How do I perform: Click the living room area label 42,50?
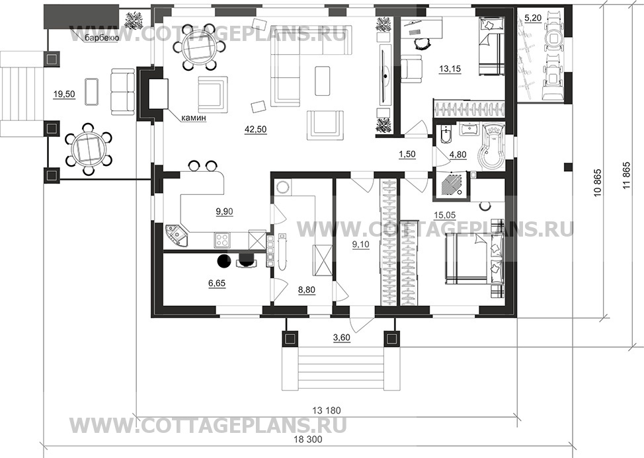tap(255, 130)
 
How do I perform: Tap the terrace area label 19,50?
tap(63, 95)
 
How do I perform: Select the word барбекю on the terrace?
tap(102, 38)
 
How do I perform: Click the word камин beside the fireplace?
tap(193, 118)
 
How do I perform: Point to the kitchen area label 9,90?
tap(224, 211)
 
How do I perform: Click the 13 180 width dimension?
tap(327, 410)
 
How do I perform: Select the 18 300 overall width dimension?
tap(309, 439)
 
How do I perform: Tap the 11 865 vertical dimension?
tap(626, 179)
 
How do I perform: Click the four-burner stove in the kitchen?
tap(223, 239)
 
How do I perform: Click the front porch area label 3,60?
tap(341, 338)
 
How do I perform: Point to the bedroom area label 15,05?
tap(444, 215)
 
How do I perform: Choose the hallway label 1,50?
tap(407, 155)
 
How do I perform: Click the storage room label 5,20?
tap(533, 18)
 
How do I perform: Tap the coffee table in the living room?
tap(323, 81)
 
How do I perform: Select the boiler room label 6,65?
tap(217, 283)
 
